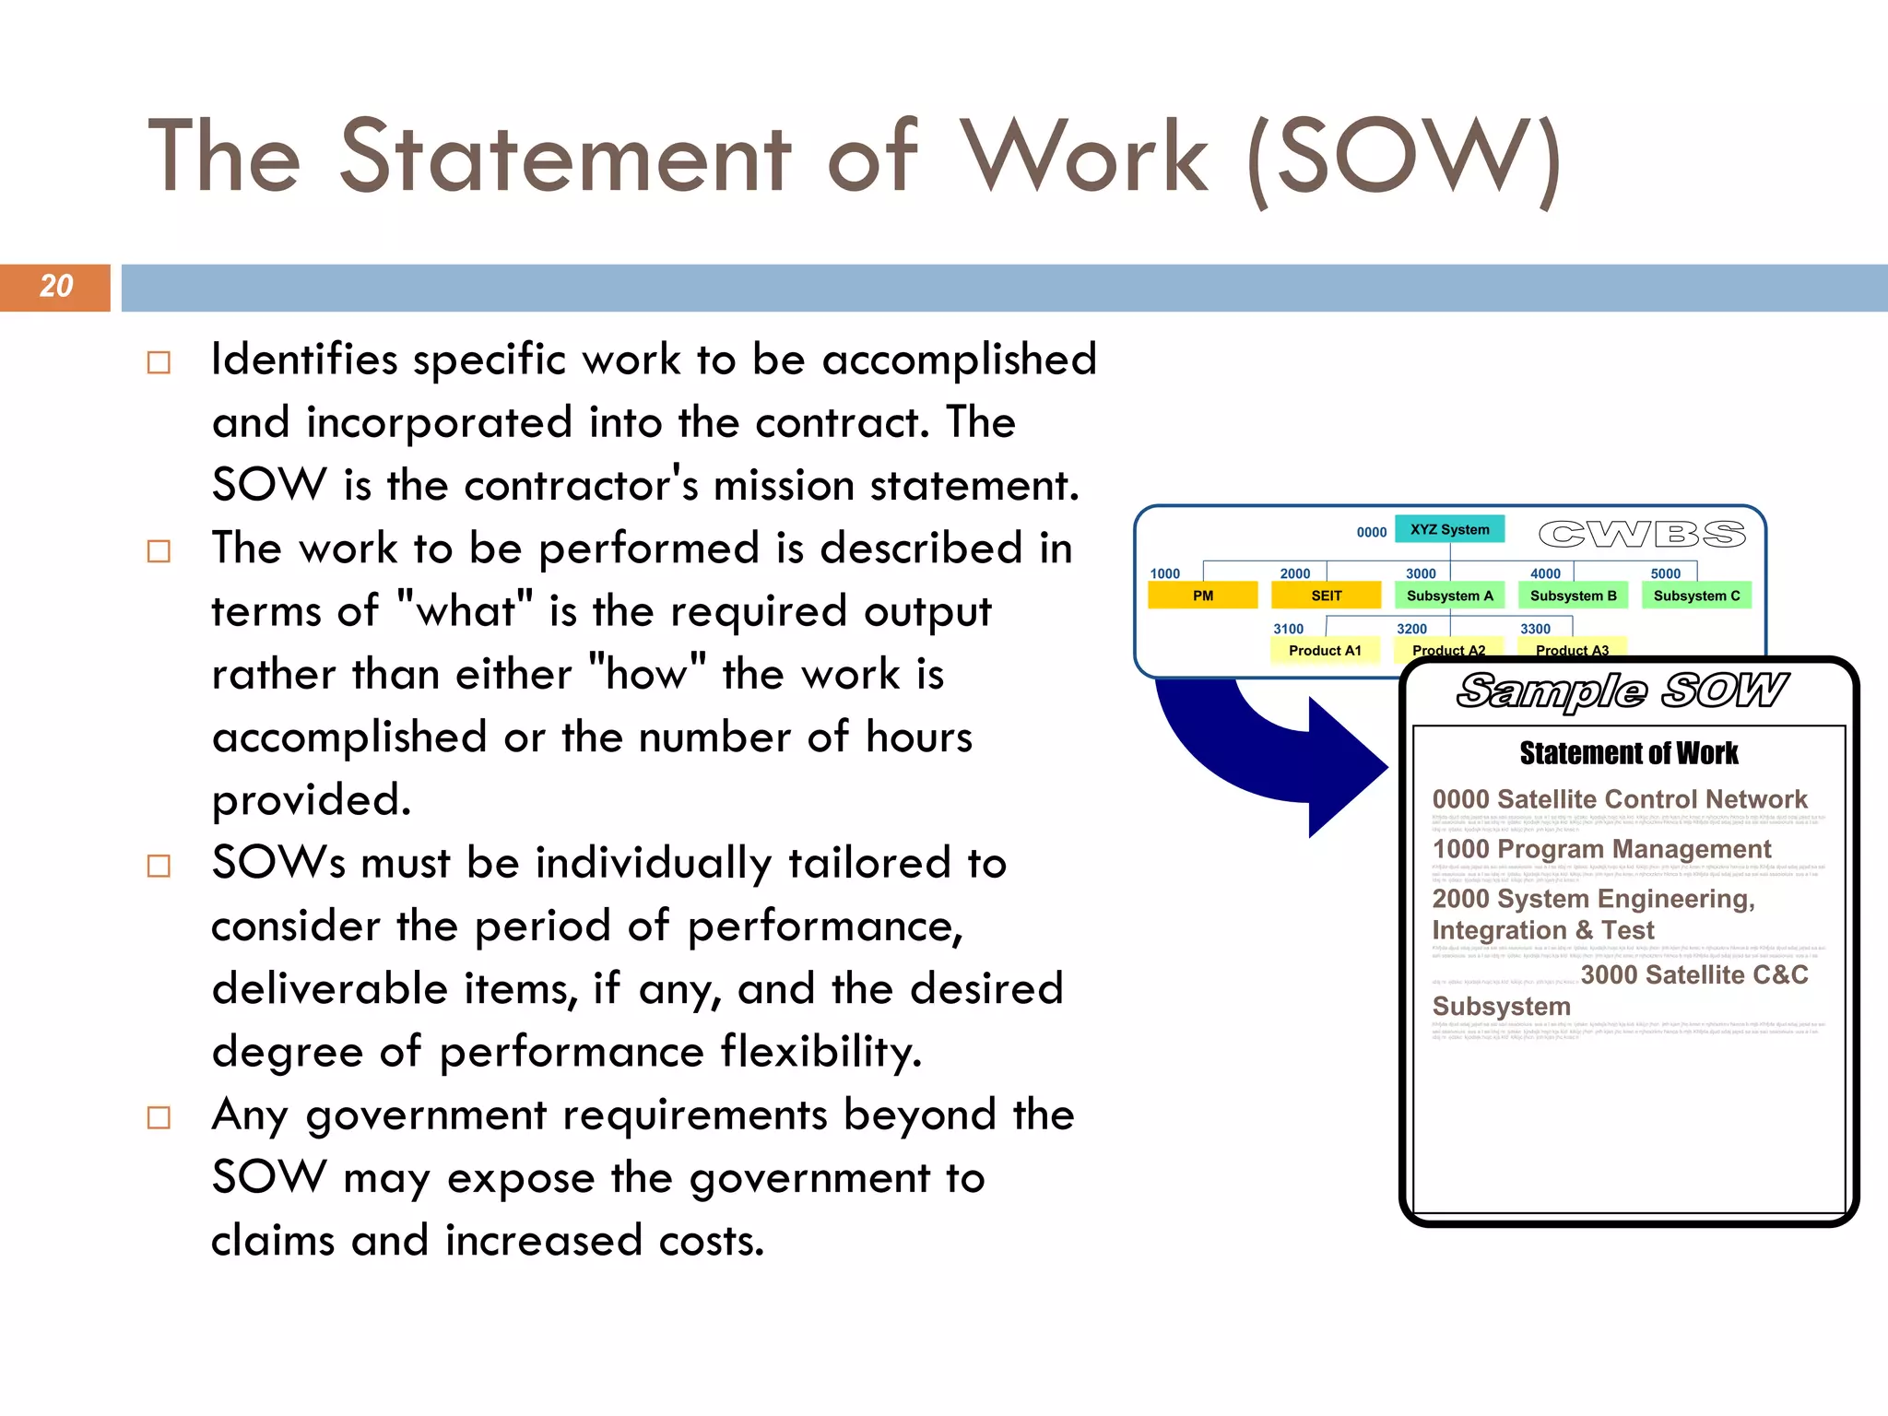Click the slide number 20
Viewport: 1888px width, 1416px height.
click(56, 287)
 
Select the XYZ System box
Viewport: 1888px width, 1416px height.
click(1449, 529)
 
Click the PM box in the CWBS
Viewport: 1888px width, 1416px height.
click(1202, 596)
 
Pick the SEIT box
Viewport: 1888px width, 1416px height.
click(1326, 596)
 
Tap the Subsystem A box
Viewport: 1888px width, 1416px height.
click(1449, 596)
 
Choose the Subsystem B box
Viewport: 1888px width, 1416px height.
click(1573, 596)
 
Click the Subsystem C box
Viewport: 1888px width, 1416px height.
click(1696, 596)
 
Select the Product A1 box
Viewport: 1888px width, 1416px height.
click(1325, 650)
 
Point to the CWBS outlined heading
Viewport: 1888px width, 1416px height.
click(1642, 534)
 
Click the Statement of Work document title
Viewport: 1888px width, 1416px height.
click(1628, 753)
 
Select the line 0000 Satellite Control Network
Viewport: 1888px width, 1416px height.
click(1619, 799)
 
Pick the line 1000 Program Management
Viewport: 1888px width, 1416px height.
click(1601, 849)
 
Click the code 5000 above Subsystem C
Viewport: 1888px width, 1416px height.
click(1665, 573)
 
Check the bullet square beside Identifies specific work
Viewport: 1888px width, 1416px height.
click(159, 362)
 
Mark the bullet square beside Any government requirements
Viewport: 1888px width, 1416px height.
click(159, 1117)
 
